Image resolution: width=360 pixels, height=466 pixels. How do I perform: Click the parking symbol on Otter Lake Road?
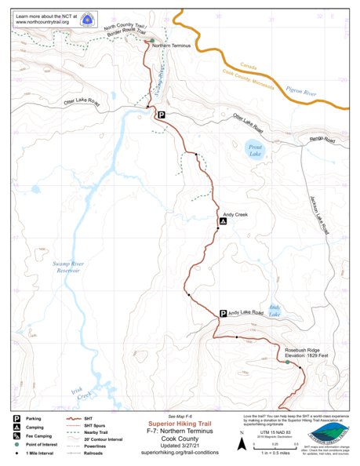(x=161, y=115)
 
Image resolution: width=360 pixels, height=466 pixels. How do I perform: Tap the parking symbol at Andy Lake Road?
(x=223, y=313)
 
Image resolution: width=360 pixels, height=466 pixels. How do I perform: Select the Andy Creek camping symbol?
(x=224, y=222)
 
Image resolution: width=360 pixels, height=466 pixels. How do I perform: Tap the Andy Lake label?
(x=275, y=311)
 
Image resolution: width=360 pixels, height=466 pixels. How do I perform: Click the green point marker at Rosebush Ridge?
(x=287, y=363)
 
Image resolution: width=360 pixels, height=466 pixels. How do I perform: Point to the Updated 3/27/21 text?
(x=181, y=446)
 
